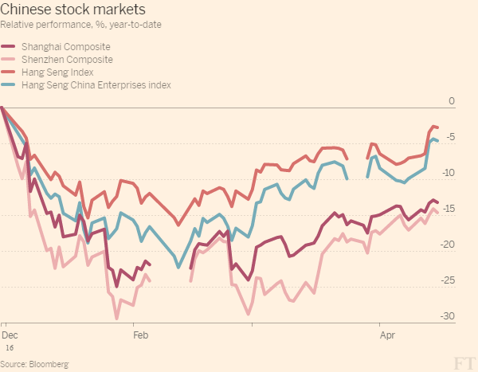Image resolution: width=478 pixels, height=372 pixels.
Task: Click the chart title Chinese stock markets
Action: click(72, 10)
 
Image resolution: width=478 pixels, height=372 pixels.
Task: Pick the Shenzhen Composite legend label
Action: click(67, 60)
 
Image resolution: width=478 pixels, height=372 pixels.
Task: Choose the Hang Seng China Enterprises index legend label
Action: click(96, 84)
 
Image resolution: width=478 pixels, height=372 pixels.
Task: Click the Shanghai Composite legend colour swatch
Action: click(9, 47)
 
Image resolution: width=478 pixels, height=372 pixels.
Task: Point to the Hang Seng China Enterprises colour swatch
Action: click(9, 84)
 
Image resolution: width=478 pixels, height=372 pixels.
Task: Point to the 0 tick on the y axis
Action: click(451, 101)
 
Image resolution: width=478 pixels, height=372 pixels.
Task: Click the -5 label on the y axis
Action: click(449, 137)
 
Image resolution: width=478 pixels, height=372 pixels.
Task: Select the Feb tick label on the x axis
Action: click(140, 336)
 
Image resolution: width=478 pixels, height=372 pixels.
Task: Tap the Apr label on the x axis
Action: click(387, 336)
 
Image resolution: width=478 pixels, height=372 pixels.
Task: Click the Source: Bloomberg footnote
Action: click(35, 363)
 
